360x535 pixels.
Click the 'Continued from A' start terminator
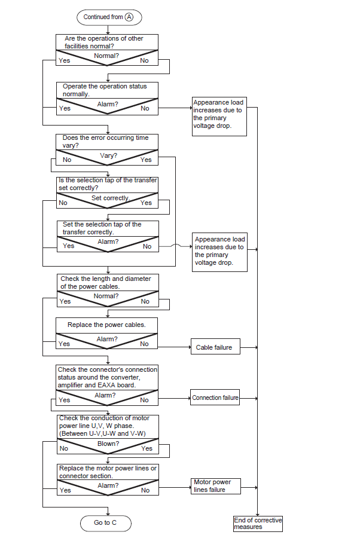[109, 17]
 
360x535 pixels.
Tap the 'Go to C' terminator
[106, 522]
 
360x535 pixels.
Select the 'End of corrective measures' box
[258, 524]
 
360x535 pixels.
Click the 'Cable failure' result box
[215, 347]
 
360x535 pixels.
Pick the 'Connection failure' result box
[215, 398]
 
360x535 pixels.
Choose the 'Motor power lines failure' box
[216, 486]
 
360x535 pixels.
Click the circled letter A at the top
[129, 17]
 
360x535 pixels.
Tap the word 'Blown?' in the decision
[108, 444]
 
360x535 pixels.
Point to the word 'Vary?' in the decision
[108, 155]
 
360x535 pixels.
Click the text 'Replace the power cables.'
[106, 325]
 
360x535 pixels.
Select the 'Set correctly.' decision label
[111, 198]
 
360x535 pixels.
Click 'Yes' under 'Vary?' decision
[146, 160]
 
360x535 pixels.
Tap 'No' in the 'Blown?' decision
[64, 448]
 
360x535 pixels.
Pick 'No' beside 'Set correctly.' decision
[63, 203]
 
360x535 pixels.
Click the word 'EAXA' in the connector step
[106, 385]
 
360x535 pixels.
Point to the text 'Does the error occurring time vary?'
[105, 142]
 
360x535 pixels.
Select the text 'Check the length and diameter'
[106, 279]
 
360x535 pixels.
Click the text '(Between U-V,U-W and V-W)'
[102, 433]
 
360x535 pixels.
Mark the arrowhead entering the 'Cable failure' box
[190, 347]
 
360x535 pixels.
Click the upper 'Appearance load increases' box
[219, 117]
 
